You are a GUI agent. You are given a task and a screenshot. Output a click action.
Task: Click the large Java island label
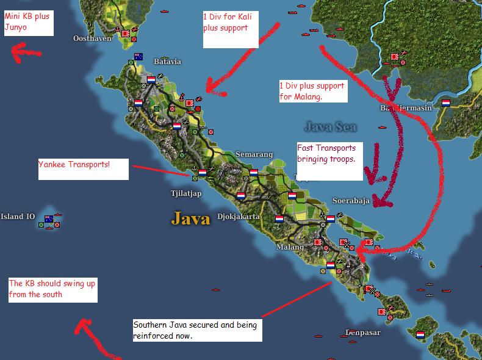pyautogui.click(x=191, y=218)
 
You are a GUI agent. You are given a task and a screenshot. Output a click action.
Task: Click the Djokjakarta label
pyautogui.click(x=239, y=217)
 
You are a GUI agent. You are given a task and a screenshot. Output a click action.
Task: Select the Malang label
pyautogui.click(x=290, y=247)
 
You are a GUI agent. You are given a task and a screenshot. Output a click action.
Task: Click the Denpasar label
pyautogui.click(x=363, y=333)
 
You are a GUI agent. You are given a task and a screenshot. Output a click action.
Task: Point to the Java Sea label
pyautogui.click(x=330, y=127)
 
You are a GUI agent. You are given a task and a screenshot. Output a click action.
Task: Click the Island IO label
pyautogui.click(x=18, y=217)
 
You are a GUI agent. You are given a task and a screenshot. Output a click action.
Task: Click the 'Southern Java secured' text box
pyautogui.click(x=198, y=330)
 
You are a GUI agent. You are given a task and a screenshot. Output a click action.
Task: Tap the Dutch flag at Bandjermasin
pyautogui.click(x=446, y=103)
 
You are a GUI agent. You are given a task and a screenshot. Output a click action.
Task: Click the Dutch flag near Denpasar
pyautogui.click(x=420, y=335)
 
